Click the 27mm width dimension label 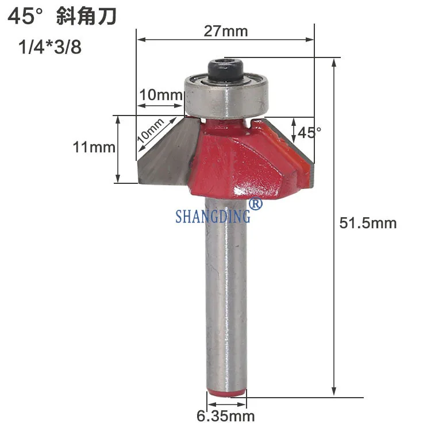coord(226,31)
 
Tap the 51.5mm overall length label coord(368,223)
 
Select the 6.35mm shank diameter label coord(226,416)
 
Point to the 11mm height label coord(94,147)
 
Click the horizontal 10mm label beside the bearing coord(161,95)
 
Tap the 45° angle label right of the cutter coord(310,133)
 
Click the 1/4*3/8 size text coord(50,47)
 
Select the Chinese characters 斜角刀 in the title coord(87,17)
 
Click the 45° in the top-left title coord(25,17)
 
